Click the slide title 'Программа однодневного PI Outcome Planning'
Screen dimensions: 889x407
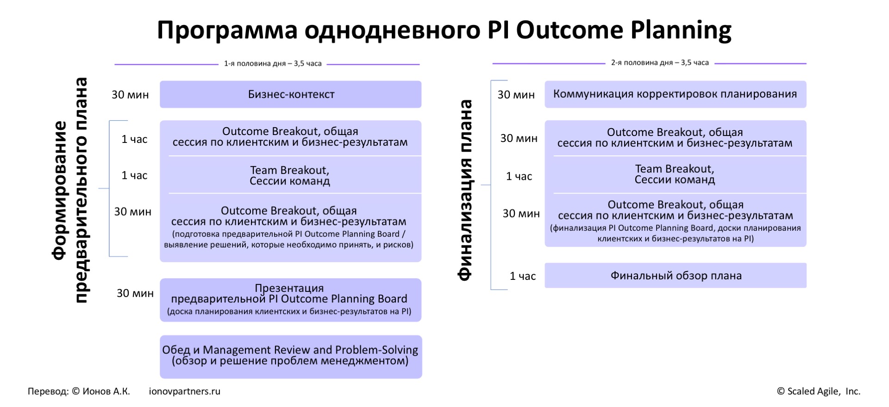coord(444,31)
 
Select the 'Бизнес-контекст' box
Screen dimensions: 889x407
coord(291,94)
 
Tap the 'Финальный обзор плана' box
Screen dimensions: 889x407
coord(676,276)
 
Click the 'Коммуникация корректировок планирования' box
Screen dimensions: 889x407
coord(676,94)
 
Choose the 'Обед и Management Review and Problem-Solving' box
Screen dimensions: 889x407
coord(291,357)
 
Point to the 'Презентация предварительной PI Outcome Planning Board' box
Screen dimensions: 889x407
coord(291,300)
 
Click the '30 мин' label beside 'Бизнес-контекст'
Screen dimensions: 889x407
coord(130,95)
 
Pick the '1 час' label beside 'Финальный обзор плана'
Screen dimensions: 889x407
coord(523,276)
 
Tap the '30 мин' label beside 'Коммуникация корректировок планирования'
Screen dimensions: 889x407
coord(516,95)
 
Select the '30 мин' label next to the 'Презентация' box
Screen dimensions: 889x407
coord(135,293)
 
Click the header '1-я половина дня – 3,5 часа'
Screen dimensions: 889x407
coord(273,63)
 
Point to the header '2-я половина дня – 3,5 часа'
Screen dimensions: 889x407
coord(660,62)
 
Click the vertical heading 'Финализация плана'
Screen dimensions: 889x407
coord(465,190)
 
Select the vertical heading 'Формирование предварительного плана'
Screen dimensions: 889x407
coord(70,190)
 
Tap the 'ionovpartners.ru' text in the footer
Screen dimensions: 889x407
coord(185,391)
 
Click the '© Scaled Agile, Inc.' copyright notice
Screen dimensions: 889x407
coord(819,391)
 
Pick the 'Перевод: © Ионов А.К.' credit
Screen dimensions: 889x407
coord(79,391)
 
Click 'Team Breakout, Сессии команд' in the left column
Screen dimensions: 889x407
coord(290,176)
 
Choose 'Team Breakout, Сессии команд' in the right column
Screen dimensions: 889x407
coord(675,174)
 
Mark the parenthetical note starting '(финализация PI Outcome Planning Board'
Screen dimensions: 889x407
coord(676,234)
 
